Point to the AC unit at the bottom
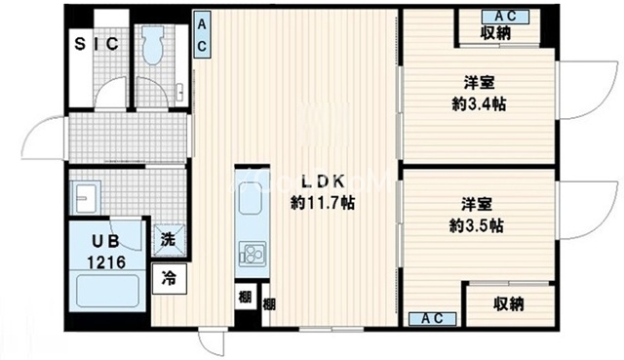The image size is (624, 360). coord(433,318)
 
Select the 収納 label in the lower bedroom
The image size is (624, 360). coord(508,304)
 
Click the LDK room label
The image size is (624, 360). coord(321,181)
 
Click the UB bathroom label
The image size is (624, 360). coord(104,241)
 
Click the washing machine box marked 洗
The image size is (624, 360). coord(169,239)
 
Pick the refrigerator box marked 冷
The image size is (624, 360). coord(169,277)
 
